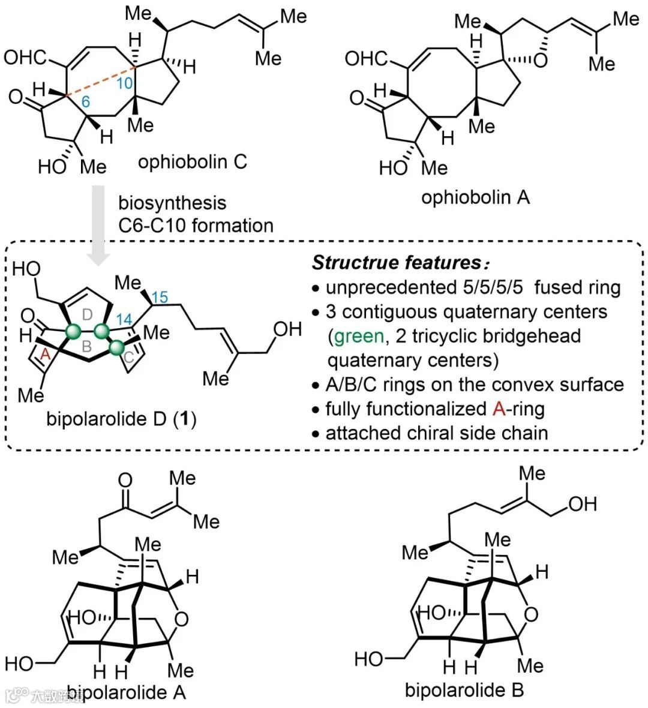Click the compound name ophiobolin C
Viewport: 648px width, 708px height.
pyautogui.click(x=192, y=162)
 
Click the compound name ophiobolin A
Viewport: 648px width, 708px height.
pyautogui.click(x=475, y=197)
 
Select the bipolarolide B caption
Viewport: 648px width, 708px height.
pyautogui.click(x=464, y=690)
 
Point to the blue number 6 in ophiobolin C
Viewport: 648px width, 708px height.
pyautogui.click(x=86, y=102)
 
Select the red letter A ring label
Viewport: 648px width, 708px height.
pyautogui.click(x=43, y=355)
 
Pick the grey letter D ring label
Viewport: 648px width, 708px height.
pyautogui.click(x=86, y=313)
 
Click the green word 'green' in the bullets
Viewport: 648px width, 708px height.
pyautogui.click(x=358, y=336)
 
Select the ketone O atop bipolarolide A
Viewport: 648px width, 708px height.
pyautogui.click(x=125, y=480)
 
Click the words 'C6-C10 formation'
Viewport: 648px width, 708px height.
pyautogui.click(x=196, y=226)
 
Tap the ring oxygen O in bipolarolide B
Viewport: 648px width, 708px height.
pyautogui.click(x=530, y=614)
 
